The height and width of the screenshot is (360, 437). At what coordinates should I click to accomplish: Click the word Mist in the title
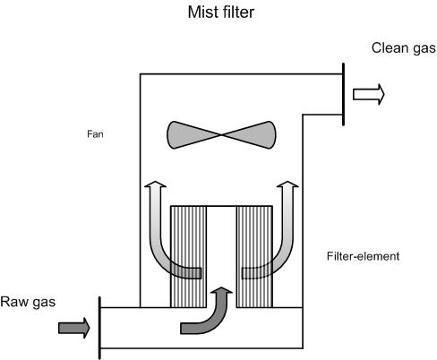coord(202,13)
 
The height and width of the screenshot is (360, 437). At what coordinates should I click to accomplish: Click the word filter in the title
coord(238,13)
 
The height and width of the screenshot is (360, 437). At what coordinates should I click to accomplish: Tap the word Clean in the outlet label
coord(390,47)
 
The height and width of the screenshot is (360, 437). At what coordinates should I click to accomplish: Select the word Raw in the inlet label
coord(14,302)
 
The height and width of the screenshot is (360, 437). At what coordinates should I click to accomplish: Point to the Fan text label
coord(95,134)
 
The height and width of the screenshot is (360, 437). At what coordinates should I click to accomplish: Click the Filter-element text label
coord(363,256)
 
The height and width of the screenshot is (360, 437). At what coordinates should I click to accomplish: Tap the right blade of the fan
coord(249,134)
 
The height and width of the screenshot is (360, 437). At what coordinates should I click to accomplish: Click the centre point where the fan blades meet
coord(221,135)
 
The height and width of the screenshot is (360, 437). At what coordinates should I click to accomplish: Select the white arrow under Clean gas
coord(369,94)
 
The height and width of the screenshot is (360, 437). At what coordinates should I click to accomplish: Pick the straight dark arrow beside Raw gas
coord(74,328)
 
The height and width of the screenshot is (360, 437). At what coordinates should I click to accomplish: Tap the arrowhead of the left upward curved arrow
coord(155,184)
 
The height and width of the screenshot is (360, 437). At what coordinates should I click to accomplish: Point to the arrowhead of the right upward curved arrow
coord(287,184)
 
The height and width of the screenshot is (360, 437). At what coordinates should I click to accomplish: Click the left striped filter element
coord(188,257)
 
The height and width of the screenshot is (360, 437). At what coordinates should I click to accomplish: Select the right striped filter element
coord(254,257)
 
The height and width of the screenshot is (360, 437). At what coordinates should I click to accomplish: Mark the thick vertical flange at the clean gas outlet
coord(343,94)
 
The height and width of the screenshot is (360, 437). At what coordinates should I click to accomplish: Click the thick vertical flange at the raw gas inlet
coord(99,328)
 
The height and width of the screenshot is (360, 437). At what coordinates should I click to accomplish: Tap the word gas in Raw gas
coord(44,303)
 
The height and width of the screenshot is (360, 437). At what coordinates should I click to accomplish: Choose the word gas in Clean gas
coord(424,49)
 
